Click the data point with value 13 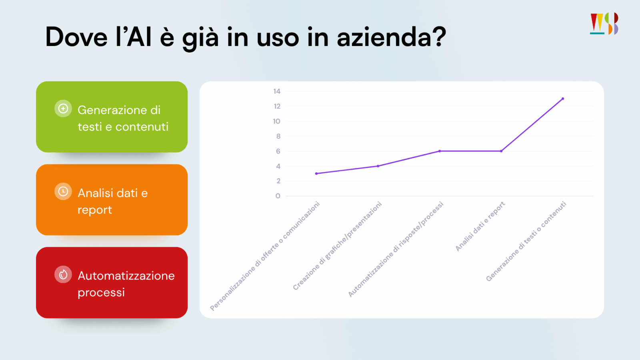(562, 98)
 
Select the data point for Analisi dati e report (501, 151)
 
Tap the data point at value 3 (316, 174)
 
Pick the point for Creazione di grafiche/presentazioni (378, 166)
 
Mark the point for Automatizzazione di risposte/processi (440, 151)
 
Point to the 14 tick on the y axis (277, 91)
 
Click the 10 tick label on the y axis (276, 121)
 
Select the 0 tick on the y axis (278, 196)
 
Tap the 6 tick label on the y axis (278, 151)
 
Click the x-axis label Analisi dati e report (480, 226)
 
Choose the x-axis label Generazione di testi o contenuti (526, 242)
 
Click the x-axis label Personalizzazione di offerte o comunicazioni (265, 256)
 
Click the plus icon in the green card (63, 108)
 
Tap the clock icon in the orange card (63, 192)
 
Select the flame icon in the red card (63, 274)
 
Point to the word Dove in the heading (76, 37)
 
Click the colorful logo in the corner (604, 24)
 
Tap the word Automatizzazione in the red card (126, 276)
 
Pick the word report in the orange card (95, 210)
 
